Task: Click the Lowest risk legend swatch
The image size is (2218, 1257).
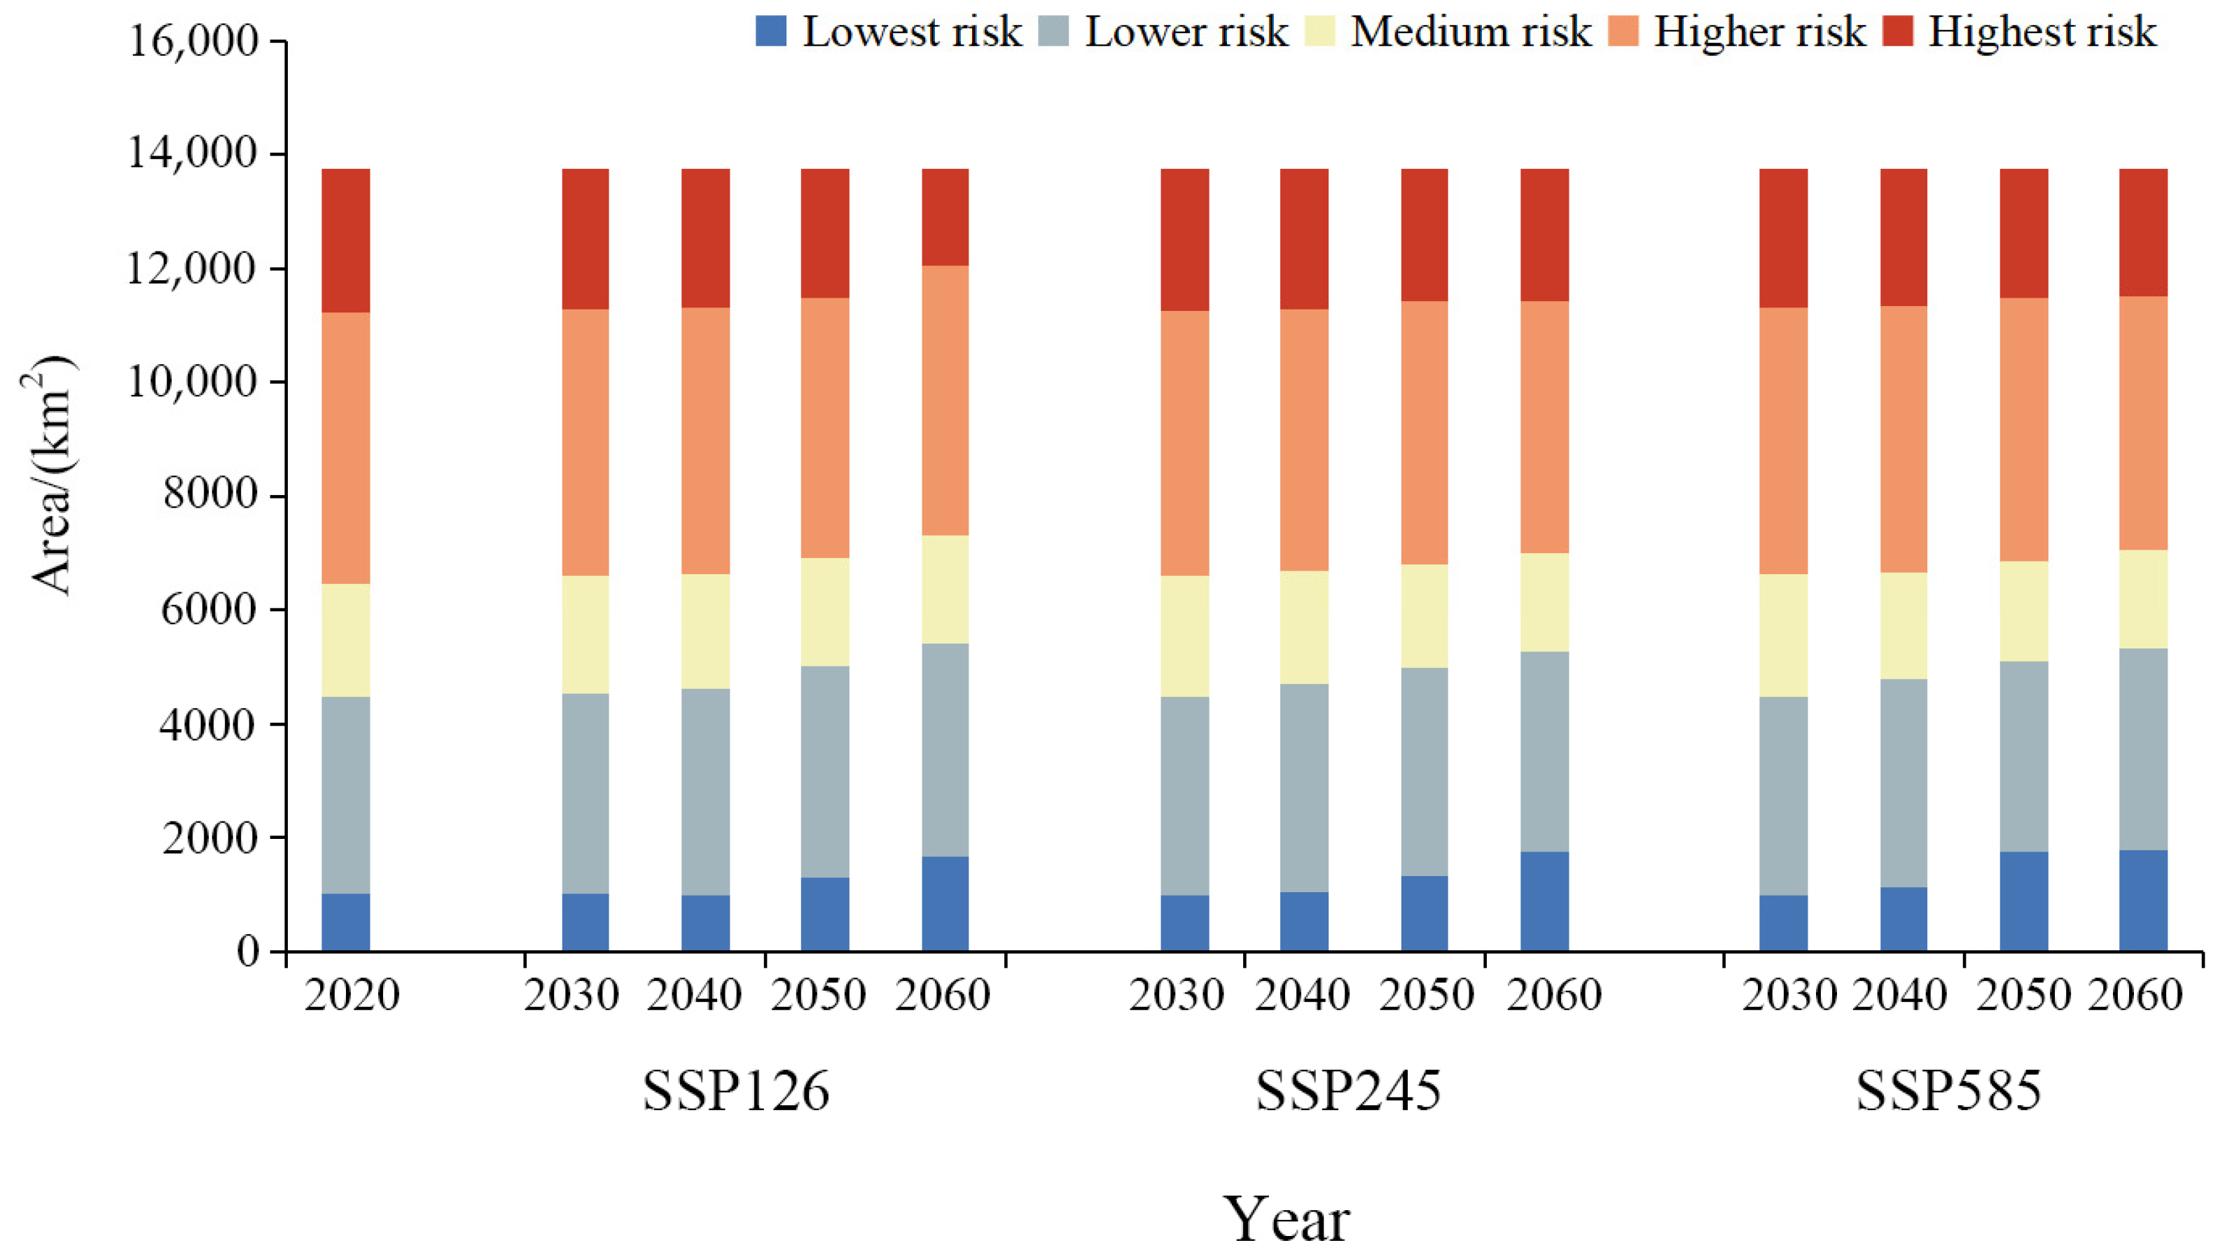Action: (x=771, y=32)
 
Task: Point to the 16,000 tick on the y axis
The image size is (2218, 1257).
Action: (x=193, y=41)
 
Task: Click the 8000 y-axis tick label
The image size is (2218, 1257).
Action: (x=210, y=494)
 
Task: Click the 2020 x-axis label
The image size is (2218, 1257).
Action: (x=352, y=994)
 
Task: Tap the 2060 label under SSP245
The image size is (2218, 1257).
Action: (x=1553, y=994)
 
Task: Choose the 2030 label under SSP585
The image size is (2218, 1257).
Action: (x=1789, y=994)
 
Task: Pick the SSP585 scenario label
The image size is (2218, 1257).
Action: (x=1948, y=1090)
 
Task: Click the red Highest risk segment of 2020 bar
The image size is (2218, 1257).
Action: (x=345, y=240)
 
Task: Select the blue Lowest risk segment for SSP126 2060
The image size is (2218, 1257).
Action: (x=945, y=903)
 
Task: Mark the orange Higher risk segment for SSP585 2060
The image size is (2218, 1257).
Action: (x=2143, y=423)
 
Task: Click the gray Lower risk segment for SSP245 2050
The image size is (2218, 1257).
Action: (x=1424, y=771)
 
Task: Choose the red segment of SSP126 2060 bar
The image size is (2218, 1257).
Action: (x=945, y=216)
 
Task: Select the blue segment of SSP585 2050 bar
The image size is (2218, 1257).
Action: (x=2024, y=901)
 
